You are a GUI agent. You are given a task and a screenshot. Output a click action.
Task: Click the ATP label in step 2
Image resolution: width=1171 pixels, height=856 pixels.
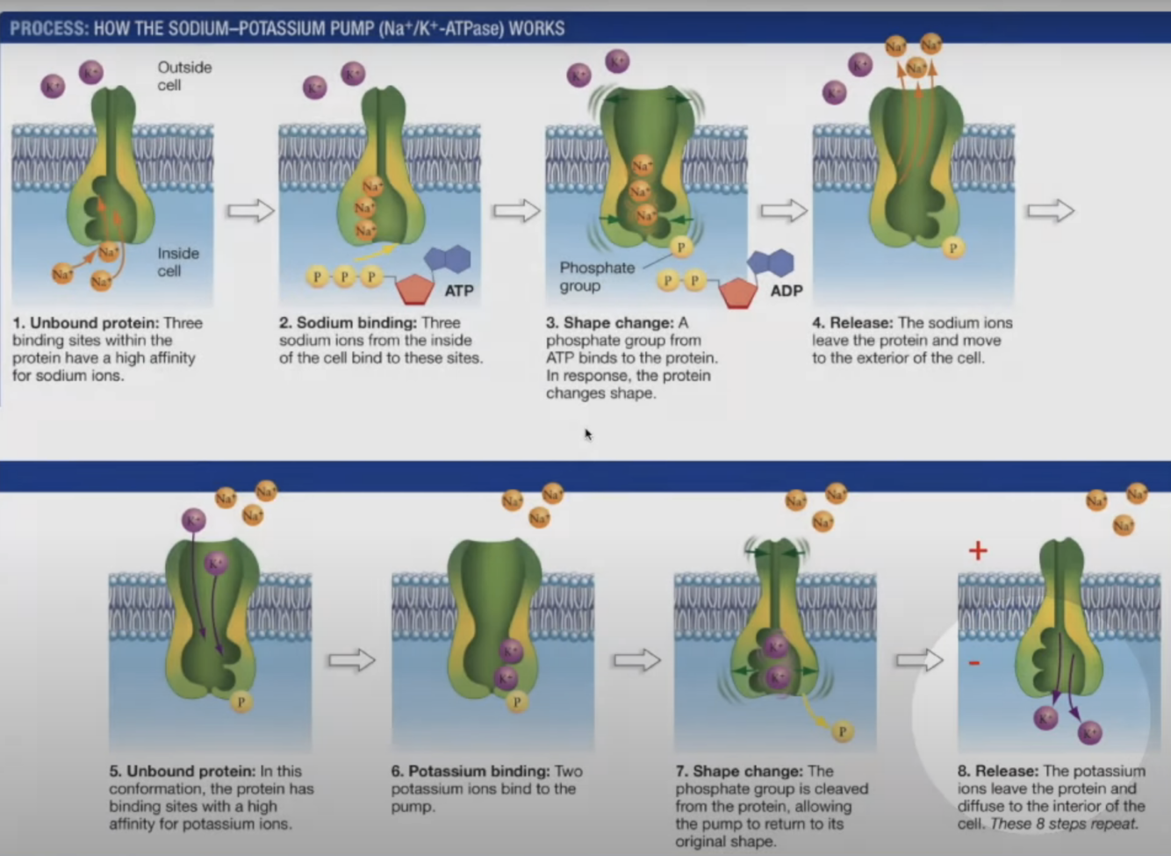[x=459, y=291]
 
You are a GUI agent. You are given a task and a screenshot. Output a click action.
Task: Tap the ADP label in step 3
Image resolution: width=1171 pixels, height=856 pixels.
[x=786, y=291]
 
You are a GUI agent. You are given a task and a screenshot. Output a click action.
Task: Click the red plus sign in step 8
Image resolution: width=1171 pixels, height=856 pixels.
[x=978, y=551]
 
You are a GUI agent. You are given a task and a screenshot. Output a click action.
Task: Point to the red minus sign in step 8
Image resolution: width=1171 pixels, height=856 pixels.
[x=974, y=663]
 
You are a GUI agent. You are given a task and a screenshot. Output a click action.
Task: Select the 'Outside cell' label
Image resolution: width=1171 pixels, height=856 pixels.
[x=183, y=76]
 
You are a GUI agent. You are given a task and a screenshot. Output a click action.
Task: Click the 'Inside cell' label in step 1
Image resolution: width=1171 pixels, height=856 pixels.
[x=178, y=262]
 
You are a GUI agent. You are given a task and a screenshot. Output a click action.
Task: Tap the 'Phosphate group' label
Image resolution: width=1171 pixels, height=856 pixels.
[x=597, y=277]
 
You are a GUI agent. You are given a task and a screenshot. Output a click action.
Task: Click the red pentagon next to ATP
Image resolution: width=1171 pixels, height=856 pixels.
[x=414, y=289]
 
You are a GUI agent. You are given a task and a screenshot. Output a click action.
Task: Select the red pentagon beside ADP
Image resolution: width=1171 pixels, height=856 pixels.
[x=738, y=293]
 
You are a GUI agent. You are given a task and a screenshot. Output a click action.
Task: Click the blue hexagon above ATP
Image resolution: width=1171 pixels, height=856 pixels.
[x=448, y=259]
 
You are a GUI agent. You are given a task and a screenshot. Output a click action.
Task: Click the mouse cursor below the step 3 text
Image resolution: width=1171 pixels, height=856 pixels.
[x=587, y=434]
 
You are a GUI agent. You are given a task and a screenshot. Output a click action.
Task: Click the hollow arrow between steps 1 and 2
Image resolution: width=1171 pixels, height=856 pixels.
[x=251, y=211]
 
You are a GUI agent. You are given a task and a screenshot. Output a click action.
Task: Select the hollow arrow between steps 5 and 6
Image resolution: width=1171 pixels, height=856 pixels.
[x=351, y=660]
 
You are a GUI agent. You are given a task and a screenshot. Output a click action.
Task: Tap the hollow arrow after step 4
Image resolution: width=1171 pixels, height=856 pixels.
[x=1051, y=211]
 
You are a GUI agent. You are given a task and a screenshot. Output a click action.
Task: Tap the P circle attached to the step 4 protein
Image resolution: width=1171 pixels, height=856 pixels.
[x=952, y=248]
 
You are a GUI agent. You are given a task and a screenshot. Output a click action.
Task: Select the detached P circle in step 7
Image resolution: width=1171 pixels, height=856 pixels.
[x=842, y=731]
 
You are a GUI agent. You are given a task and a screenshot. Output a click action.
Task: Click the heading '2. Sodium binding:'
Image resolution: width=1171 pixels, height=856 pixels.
[x=348, y=323]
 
